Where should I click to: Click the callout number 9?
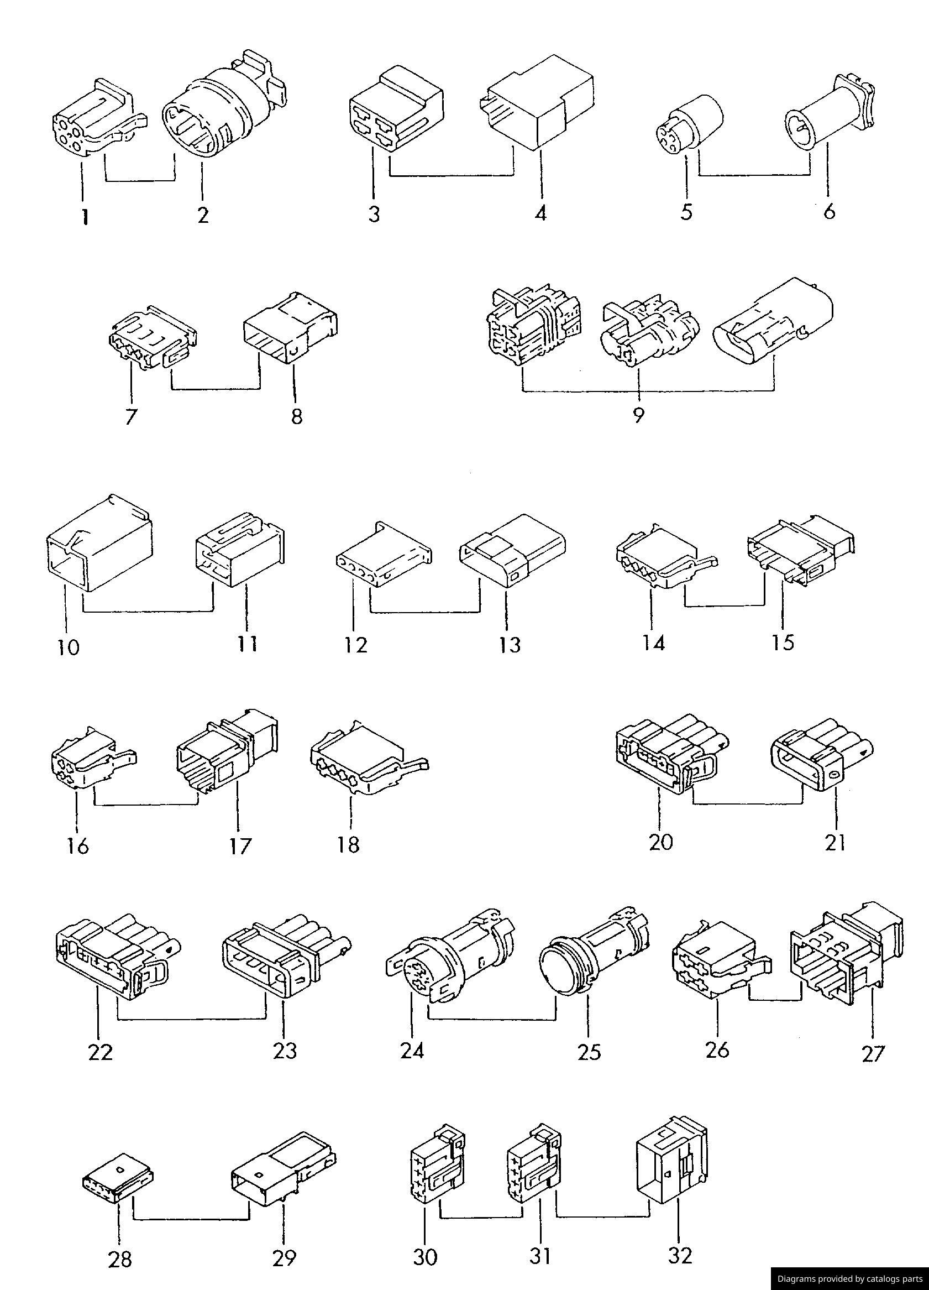pyautogui.click(x=638, y=416)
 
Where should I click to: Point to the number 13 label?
pyautogui.click(x=510, y=645)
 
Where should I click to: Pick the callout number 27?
pyautogui.click(x=873, y=1053)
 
